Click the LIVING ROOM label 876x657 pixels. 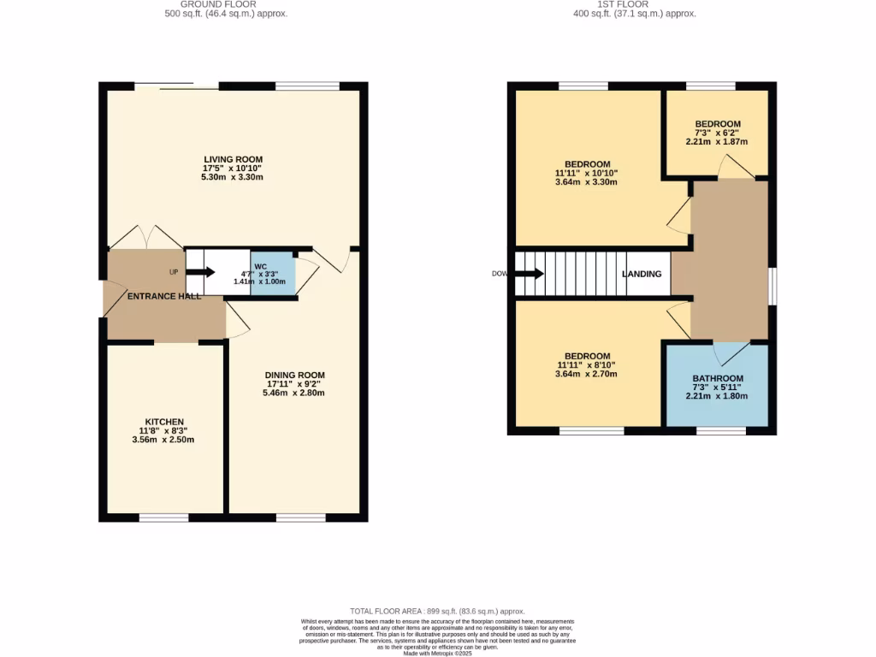[x=233, y=159]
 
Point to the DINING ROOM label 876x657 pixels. [x=294, y=375]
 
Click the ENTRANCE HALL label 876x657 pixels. [x=164, y=296]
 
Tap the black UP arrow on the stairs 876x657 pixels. [x=200, y=273]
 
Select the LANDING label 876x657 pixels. [x=642, y=275]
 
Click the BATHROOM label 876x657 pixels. [x=717, y=378]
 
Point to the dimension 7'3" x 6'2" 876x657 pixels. [x=717, y=133]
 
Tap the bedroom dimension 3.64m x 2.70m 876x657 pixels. [x=587, y=374]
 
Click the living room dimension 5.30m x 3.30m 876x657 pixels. [x=233, y=177]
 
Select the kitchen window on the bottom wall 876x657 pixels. [x=164, y=518]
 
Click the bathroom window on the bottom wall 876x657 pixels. [x=720, y=431]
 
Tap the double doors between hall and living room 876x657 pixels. [x=145, y=238]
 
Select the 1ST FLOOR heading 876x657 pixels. [x=635, y=4]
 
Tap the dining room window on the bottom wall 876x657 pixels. [x=300, y=518]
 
